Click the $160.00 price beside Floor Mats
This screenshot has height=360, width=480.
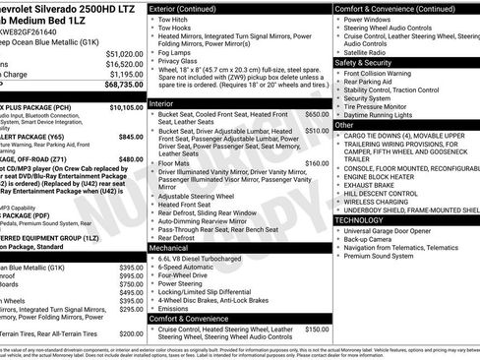(317, 163)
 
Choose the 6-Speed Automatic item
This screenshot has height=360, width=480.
(191, 268)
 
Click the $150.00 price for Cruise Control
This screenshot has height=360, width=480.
(317, 330)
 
